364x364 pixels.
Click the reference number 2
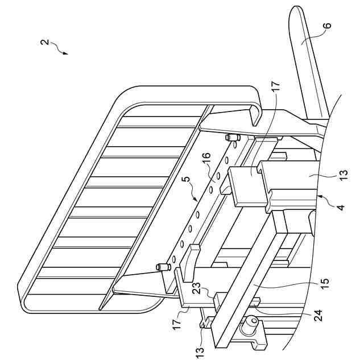[x=44, y=43]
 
